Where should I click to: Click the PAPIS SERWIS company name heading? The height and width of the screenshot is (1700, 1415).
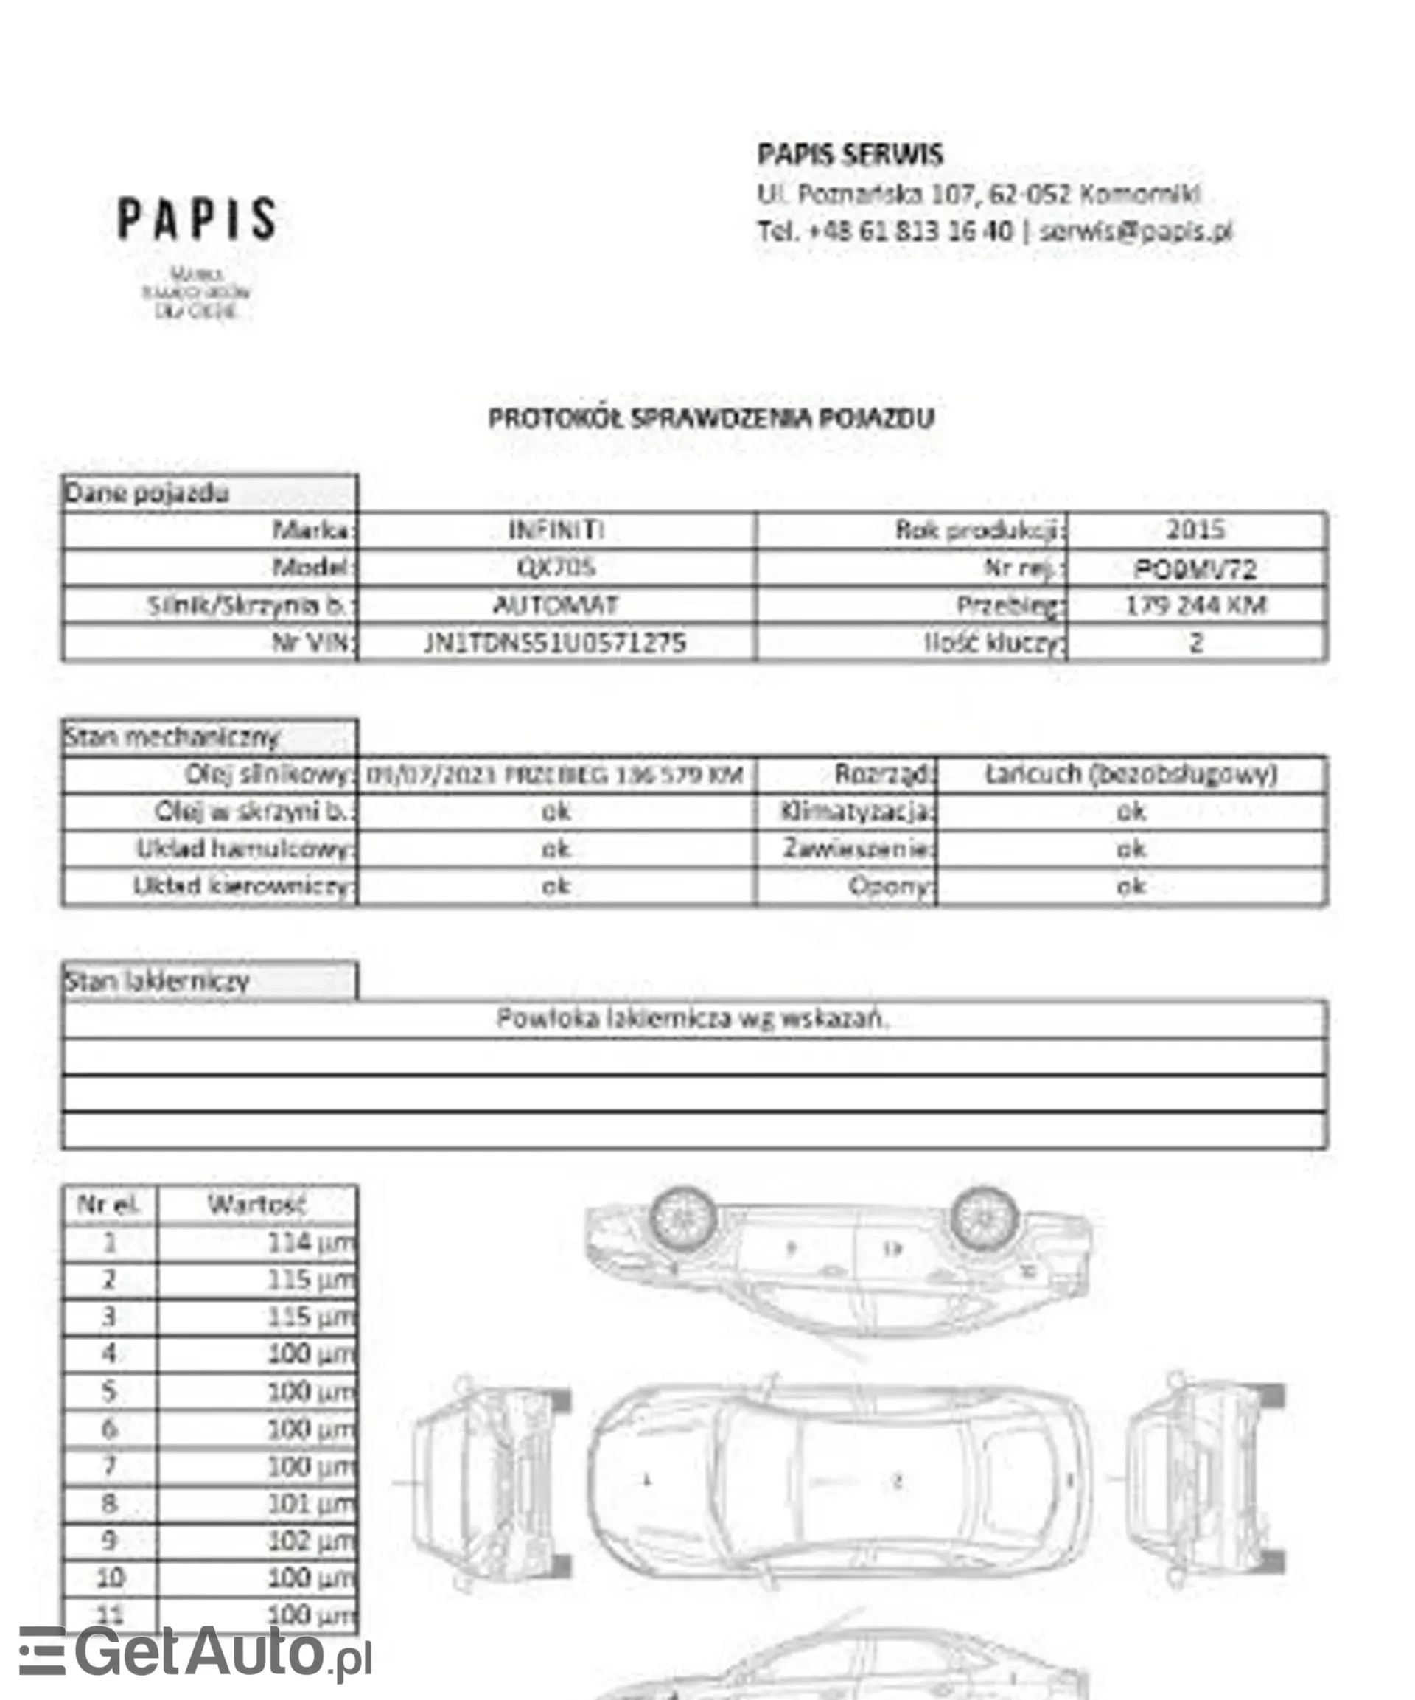tap(850, 154)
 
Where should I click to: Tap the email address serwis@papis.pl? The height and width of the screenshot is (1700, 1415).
tap(1135, 231)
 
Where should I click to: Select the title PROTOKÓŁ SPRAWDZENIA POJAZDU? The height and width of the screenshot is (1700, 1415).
tap(710, 418)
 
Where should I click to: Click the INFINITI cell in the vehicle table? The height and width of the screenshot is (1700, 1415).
tap(556, 529)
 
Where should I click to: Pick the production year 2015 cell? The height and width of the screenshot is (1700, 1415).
tap(1195, 529)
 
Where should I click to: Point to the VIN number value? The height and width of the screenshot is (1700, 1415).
tap(556, 643)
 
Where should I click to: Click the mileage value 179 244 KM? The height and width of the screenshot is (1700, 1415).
tap(1195, 605)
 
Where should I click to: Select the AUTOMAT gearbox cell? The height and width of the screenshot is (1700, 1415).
tap(556, 605)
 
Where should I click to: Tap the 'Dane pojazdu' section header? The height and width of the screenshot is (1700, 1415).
tap(147, 493)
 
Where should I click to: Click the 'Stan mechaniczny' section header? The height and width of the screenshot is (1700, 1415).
tap(172, 736)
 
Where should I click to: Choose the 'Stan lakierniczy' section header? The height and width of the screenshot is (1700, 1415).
tap(157, 981)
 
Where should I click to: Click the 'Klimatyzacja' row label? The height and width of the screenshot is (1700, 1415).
tap(856, 810)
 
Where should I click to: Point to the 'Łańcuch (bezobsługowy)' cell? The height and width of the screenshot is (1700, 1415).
tap(1131, 774)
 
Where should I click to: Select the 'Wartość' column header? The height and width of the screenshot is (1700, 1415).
tap(256, 1204)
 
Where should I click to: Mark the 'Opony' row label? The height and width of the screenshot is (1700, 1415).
tap(890, 885)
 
